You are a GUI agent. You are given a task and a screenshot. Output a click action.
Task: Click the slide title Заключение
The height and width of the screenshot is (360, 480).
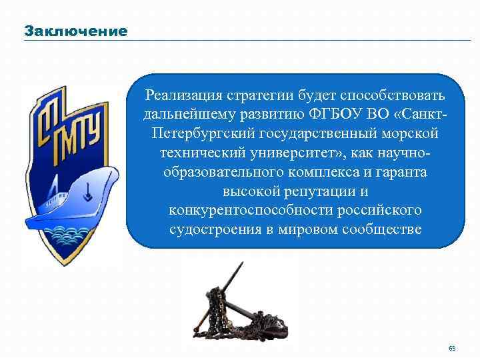(75, 31)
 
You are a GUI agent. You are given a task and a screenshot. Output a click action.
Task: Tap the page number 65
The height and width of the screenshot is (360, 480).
(452, 349)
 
